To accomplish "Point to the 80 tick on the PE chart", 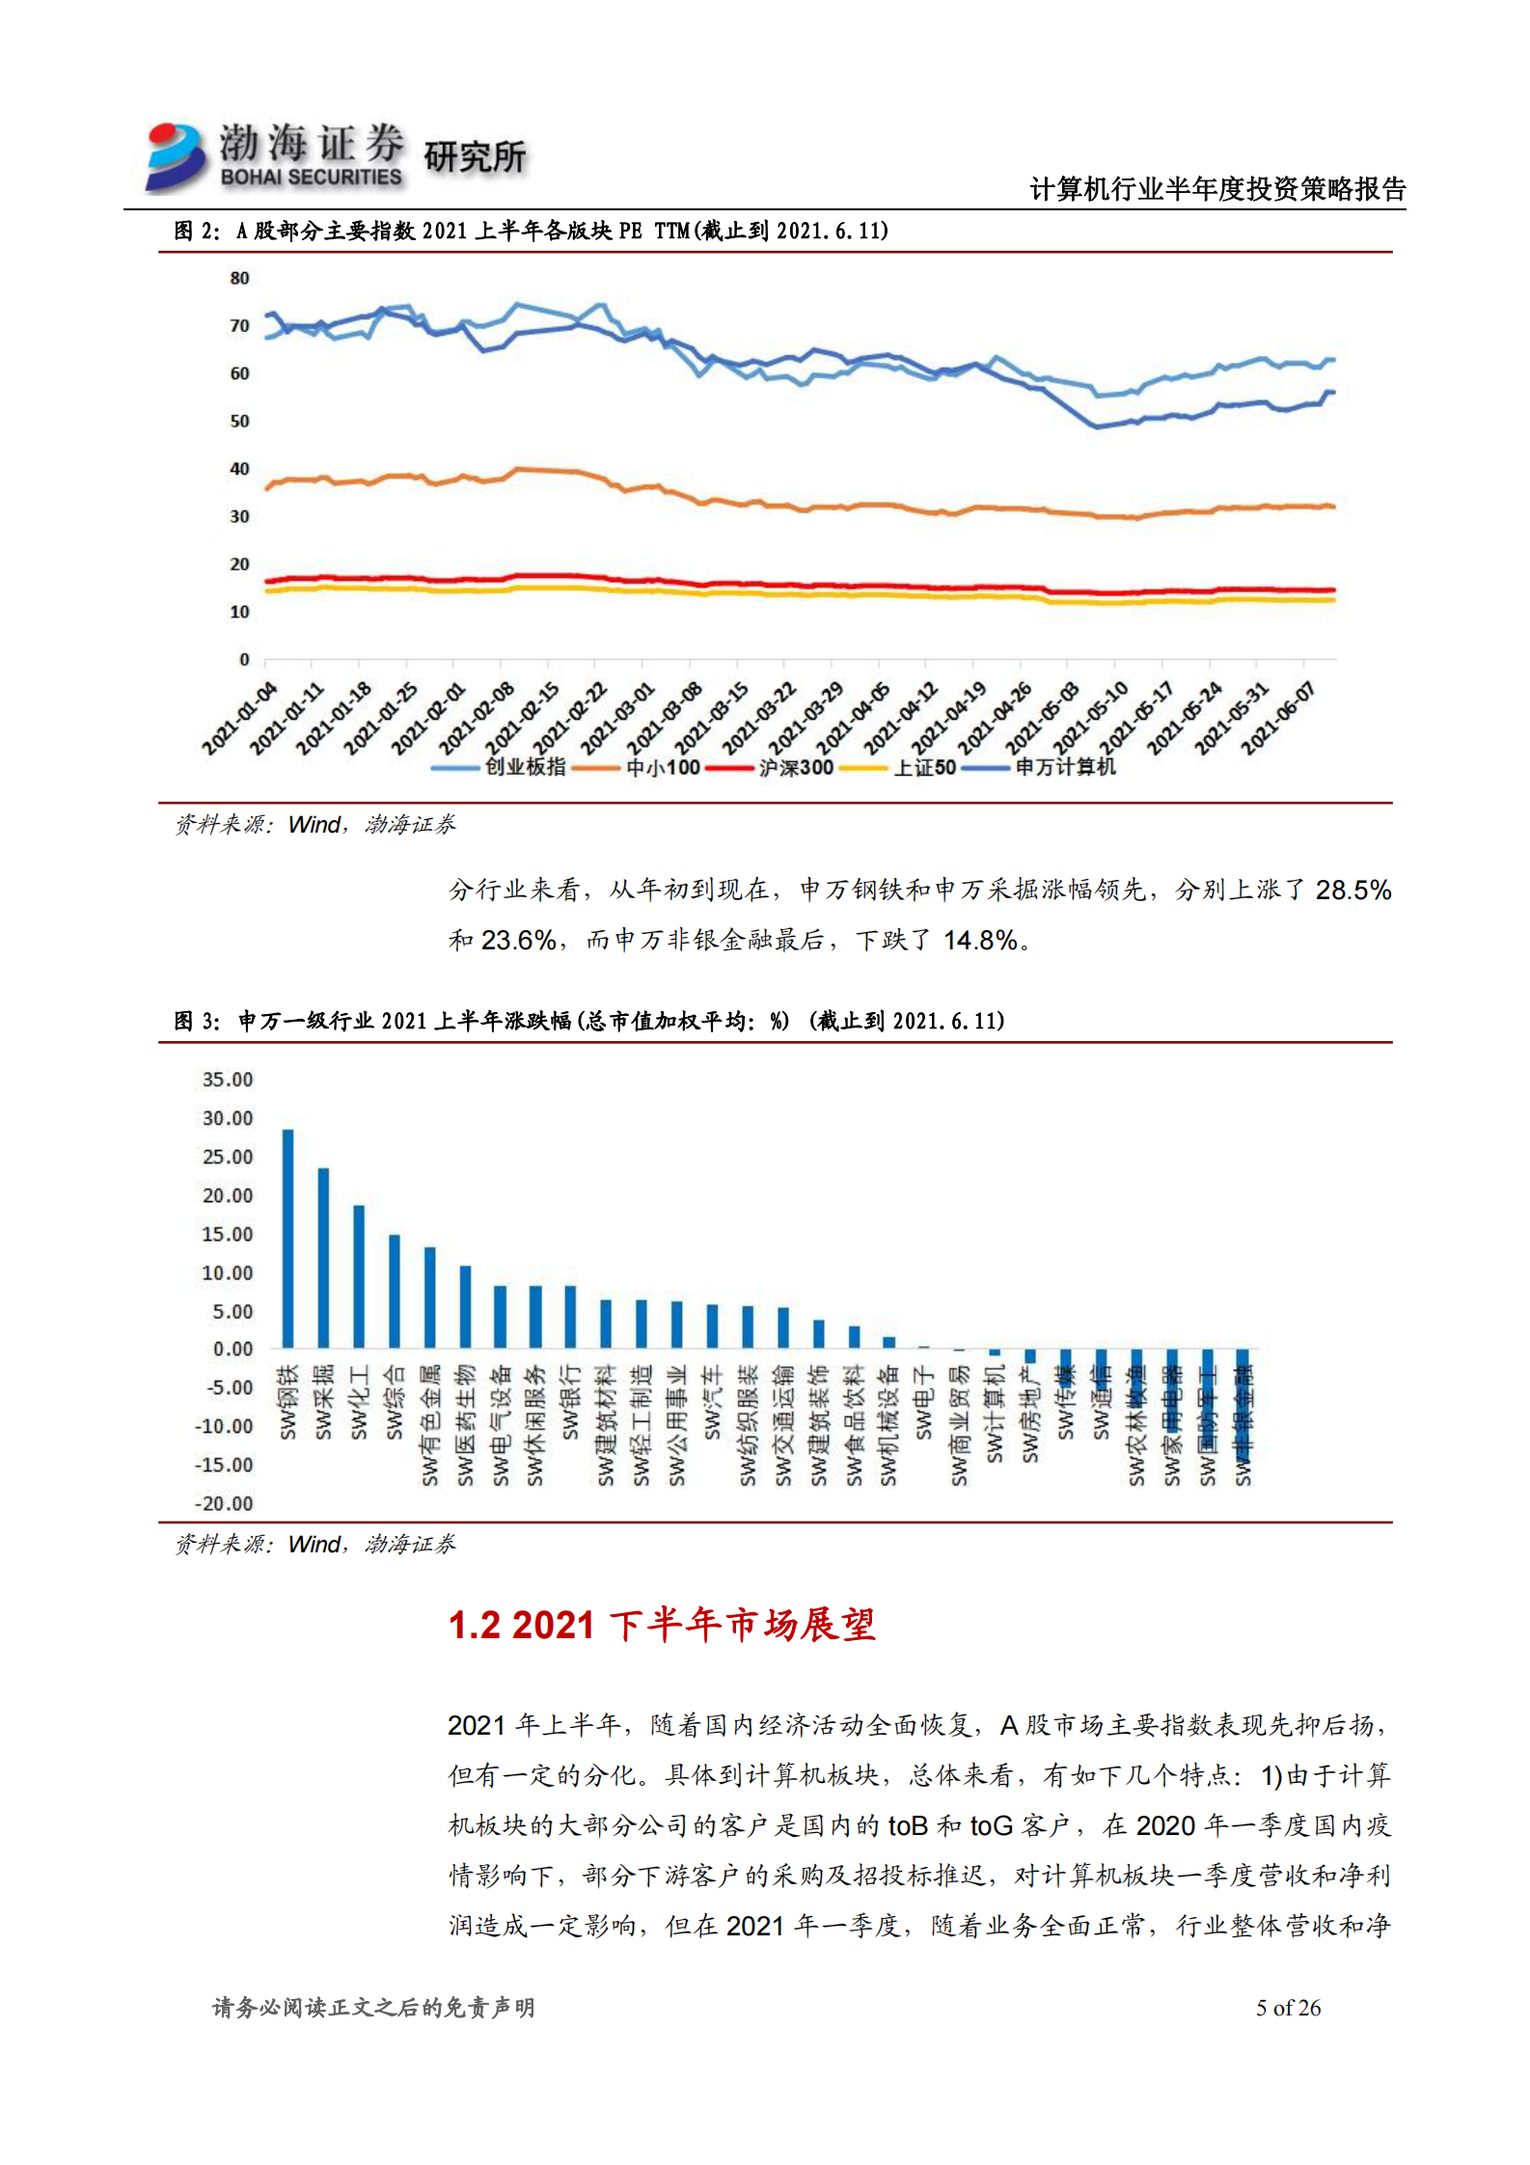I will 239,279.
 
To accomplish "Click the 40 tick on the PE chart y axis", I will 239,469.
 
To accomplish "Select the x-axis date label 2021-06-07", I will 1279,718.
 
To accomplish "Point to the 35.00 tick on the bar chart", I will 228,1080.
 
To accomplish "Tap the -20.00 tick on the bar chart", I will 225,1503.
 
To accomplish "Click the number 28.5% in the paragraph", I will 1352,890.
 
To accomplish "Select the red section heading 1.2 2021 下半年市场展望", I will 662,1625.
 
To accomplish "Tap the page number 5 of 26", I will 1287,2008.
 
